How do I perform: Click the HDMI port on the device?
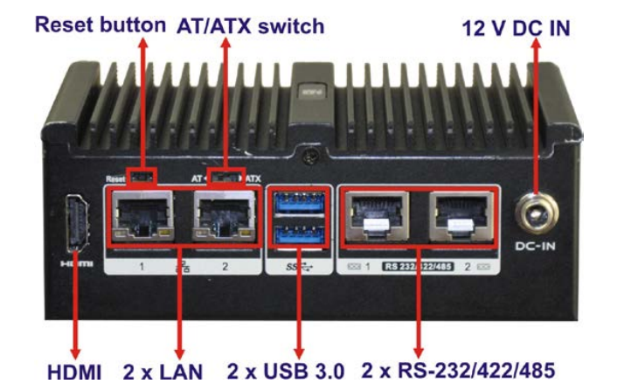tap(75, 227)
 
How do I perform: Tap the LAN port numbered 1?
tap(140, 218)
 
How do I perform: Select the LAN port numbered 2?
tap(222, 218)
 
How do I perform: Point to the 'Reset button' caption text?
tap(100, 25)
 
